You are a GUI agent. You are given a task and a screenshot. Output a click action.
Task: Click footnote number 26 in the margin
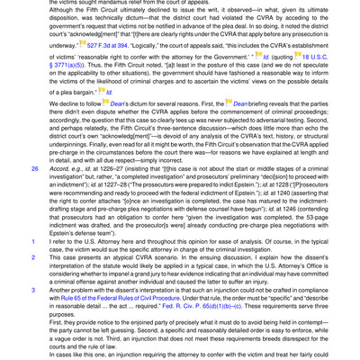(10, 167)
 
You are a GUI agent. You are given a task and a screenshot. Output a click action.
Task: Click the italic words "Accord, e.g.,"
(49, 167)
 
